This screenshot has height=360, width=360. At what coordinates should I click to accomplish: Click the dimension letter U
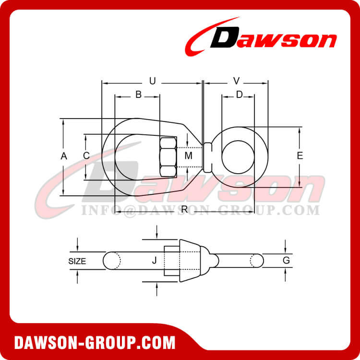(153, 82)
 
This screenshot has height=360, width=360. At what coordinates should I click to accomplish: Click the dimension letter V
(236, 81)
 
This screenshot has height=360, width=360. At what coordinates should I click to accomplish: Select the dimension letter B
(138, 95)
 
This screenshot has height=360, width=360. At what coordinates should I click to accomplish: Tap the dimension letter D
(239, 95)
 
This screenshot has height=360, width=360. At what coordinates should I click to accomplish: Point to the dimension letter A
(63, 156)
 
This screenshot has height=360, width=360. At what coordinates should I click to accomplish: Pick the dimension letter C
(86, 156)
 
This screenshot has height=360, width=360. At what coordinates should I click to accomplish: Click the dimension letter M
(188, 156)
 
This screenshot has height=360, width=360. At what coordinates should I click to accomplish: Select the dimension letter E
(300, 156)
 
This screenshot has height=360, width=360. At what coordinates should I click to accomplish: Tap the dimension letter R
(185, 209)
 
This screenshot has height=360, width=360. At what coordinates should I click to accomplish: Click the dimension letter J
(154, 261)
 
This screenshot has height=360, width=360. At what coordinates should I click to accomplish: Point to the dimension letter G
(286, 261)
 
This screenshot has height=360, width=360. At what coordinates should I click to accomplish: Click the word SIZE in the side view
(77, 262)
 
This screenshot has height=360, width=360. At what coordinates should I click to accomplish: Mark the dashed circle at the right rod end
(255, 261)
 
